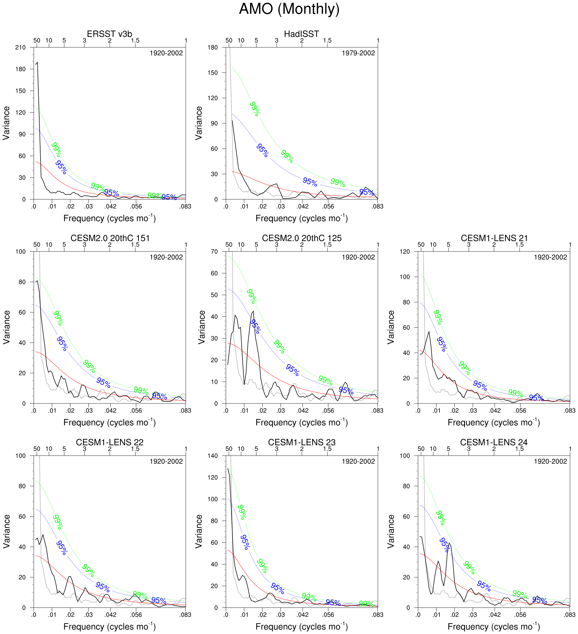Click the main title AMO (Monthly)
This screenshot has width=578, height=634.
click(289, 9)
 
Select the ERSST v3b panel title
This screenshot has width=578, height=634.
click(109, 34)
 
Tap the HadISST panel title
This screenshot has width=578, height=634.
click(301, 34)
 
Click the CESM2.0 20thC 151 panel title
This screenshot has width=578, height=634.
click(110, 238)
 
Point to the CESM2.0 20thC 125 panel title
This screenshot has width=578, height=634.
click(301, 238)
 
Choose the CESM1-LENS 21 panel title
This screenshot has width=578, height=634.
click(494, 238)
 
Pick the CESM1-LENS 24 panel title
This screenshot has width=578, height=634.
click(493, 442)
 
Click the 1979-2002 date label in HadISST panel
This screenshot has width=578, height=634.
click(358, 53)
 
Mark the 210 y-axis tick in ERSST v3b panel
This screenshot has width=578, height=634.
click(20, 48)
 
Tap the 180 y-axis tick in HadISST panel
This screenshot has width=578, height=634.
click(213, 48)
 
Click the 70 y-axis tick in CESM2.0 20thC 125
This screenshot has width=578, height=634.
click(214, 252)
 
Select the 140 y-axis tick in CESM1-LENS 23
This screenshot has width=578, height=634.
click(213, 456)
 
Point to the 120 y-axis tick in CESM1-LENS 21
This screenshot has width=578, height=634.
click(405, 252)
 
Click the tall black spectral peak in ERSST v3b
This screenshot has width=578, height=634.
click(37, 63)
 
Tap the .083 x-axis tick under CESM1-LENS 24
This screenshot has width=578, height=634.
click(570, 615)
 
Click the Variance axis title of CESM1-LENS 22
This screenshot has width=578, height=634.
click(7, 531)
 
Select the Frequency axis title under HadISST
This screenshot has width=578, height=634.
click(301, 218)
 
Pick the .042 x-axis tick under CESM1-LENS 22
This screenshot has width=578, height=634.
click(110, 615)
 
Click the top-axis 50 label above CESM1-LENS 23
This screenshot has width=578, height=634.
click(229, 449)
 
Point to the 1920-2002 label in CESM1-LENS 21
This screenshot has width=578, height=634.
click(550, 257)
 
